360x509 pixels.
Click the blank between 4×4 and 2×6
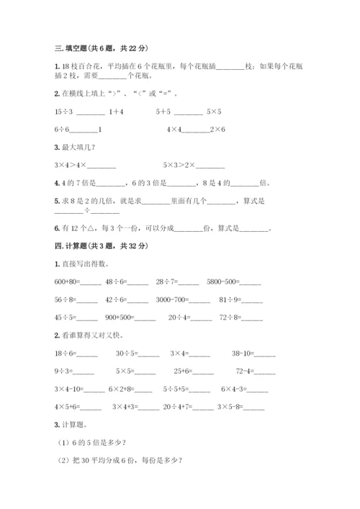199,130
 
